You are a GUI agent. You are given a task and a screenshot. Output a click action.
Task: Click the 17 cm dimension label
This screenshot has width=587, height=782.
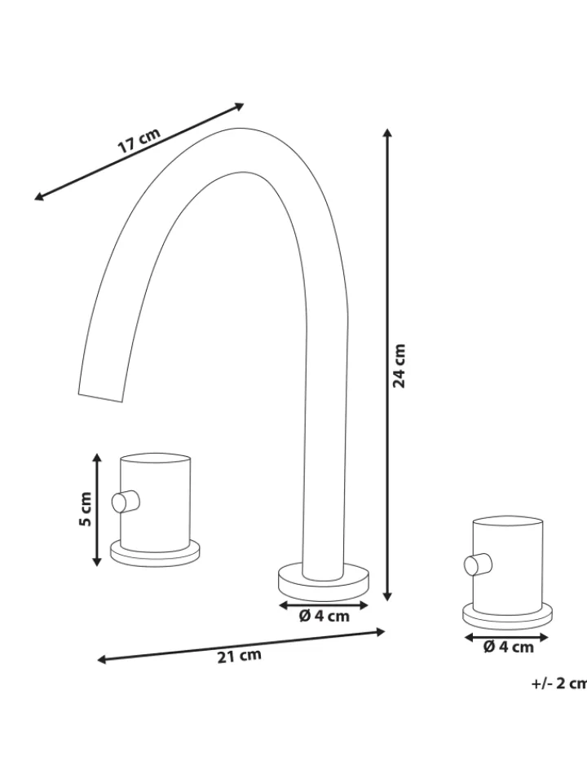[139, 140]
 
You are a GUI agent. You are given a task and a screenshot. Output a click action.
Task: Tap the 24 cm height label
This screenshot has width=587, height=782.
[399, 366]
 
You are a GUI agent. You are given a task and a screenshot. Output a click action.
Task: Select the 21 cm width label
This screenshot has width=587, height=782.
[239, 657]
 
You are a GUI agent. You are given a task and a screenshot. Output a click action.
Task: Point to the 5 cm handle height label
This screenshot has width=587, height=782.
[86, 508]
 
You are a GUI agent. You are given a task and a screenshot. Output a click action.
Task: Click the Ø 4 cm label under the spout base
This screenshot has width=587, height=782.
[324, 617]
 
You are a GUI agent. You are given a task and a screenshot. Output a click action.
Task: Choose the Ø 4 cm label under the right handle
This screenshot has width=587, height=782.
[509, 647]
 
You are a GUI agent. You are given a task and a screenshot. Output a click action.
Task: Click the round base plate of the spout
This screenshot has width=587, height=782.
[324, 582]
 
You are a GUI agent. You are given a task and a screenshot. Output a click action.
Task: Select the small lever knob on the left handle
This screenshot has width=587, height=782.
[126, 501]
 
